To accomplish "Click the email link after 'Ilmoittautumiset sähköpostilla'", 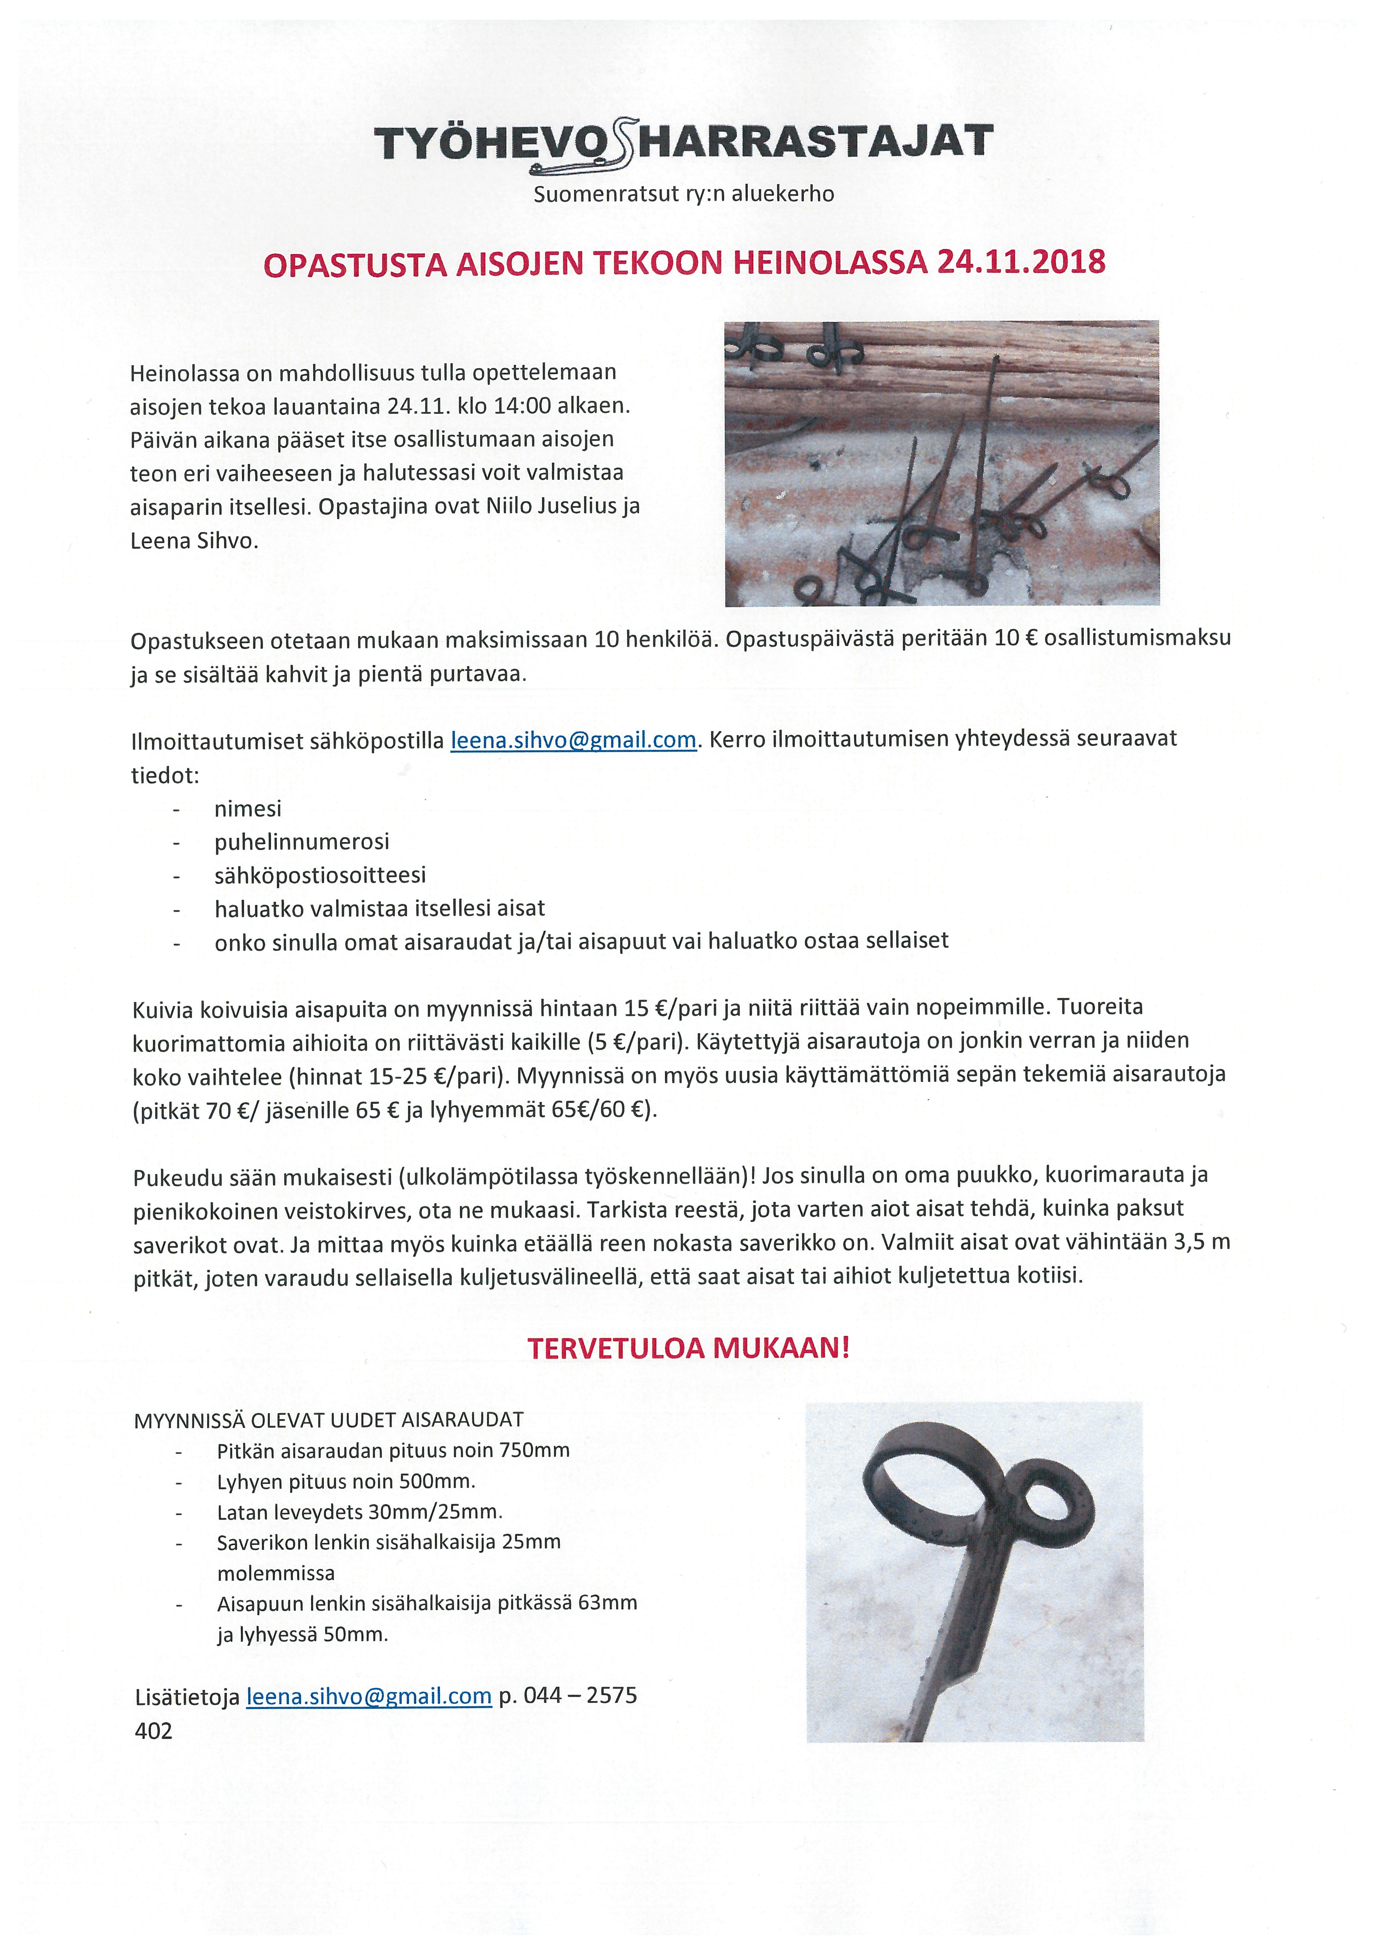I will point(573,740).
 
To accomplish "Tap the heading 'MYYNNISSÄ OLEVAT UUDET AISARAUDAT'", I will point(329,1420).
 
